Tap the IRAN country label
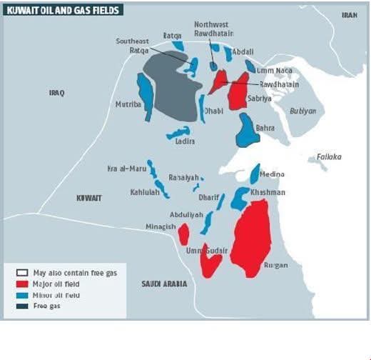(x=349, y=15)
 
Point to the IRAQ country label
(x=57, y=93)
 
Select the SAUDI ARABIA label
(x=164, y=284)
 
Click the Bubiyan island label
(x=303, y=111)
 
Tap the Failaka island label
(x=329, y=156)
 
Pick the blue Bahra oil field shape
(x=247, y=130)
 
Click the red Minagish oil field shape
(x=183, y=234)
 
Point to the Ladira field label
(x=185, y=141)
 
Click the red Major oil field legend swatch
(x=22, y=284)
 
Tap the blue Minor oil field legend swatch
(x=22, y=294)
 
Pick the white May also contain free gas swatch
(x=22, y=273)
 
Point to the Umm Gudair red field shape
(x=210, y=264)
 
